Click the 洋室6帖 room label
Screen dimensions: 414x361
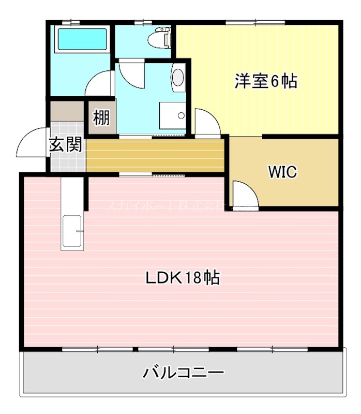click(x=266, y=81)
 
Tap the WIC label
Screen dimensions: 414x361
click(x=282, y=172)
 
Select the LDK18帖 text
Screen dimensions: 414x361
click(x=182, y=278)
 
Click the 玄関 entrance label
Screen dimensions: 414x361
click(x=66, y=144)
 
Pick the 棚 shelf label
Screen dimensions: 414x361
click(x=101, y=118)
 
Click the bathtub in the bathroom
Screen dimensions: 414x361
click(x=82, y=39)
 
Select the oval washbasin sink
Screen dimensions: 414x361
click(x=178, y=78)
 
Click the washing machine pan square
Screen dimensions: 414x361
click(x=172, y=115)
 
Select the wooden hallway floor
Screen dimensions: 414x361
click(x=155, y=154)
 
